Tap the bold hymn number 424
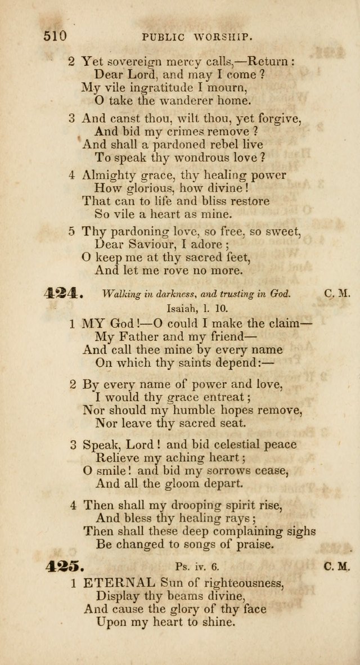point(64,293)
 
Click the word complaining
point(247,531)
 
